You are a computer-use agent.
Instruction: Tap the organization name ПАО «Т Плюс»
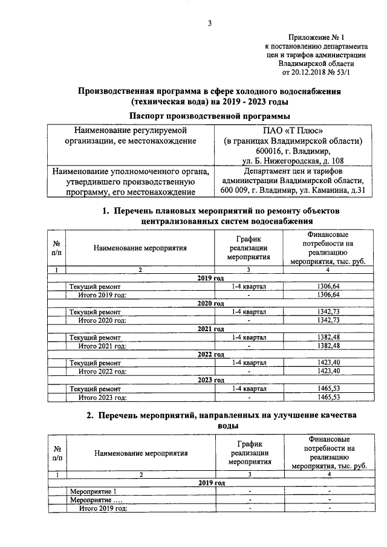(x=290, y=131)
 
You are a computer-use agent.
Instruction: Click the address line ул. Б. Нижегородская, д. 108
(x=291, y=161)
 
